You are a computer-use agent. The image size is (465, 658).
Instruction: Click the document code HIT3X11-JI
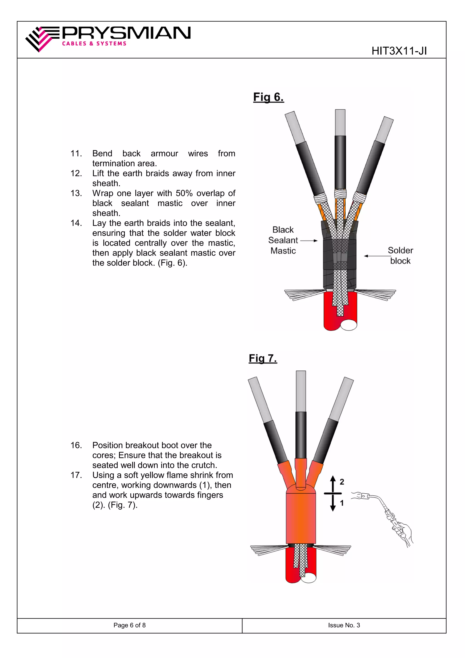(x=399, y=51)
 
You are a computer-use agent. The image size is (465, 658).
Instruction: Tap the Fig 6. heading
(x=268, y=97)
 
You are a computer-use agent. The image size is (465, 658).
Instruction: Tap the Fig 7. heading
(x=263, y=358)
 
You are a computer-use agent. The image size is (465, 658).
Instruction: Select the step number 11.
(x=76, y=154)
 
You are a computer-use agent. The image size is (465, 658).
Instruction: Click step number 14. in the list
(x=76, y=223)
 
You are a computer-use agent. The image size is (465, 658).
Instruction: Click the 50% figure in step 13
(x=184, y=193)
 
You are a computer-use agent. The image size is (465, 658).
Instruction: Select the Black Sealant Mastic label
(x=283, y=240)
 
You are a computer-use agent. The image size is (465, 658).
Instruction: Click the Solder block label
(x=400, y=256)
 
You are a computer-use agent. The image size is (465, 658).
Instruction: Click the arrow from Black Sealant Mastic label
(x=309, y=241)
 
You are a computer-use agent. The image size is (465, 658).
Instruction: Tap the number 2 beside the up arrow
(x=342, y=482)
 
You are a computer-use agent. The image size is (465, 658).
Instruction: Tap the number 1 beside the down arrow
(x=342, y=503)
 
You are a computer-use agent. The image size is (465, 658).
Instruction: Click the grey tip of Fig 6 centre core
(x=340, y=122)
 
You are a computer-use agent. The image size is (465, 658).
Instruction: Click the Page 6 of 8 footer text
(x=129, y=625)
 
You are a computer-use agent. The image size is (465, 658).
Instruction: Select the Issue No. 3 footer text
(x=344, y=625)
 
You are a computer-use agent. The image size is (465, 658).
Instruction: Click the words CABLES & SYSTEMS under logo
(x=94, y=44)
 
